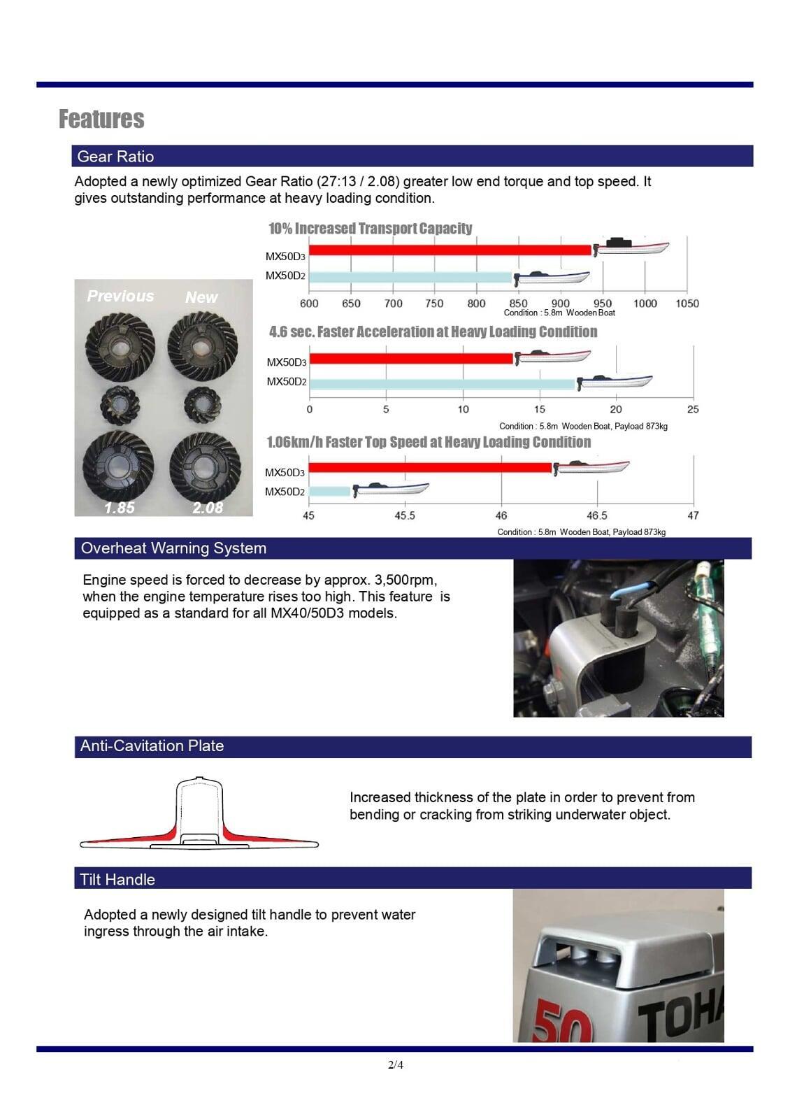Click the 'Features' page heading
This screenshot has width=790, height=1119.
click(101, 119)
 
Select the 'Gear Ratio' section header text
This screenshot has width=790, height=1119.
click(115, 157)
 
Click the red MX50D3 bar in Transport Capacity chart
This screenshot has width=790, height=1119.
click(450, 250)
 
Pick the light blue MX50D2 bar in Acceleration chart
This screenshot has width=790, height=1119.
click(442, 384)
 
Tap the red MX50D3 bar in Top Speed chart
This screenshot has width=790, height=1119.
click(429, 467)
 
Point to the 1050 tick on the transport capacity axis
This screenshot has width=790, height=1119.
click(687, 304)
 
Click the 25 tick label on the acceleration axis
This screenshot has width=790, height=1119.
click(692, 409)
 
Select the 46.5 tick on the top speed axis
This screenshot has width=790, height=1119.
click(596, 515)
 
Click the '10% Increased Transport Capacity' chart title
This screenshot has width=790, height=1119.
click(370, 229)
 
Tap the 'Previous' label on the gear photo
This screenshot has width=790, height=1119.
click(120, 296)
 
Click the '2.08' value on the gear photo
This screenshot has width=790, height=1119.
click(208, 508)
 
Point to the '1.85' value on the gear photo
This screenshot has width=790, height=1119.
click(120, 508)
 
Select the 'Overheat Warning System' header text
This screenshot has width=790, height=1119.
click(173, 548)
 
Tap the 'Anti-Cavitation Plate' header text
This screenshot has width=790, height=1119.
click(152, 746)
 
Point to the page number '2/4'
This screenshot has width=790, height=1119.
click(396, 1065)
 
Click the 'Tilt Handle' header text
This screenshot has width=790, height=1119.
click(117, 879)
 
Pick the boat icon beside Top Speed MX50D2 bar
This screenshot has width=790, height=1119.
click(391, 489)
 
